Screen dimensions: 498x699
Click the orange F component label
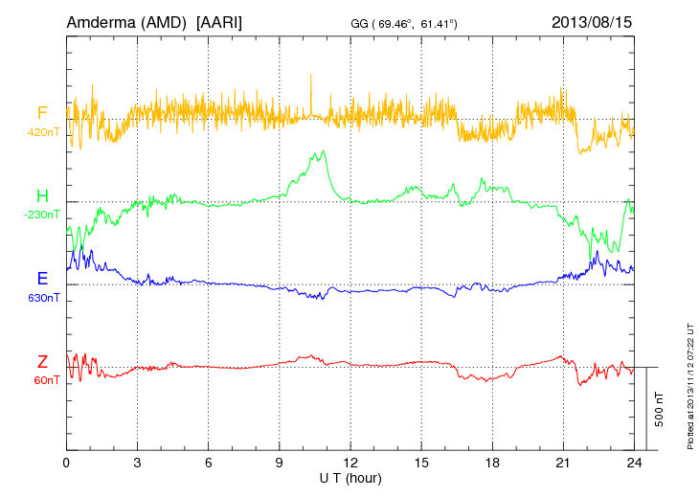(x=42, y=113)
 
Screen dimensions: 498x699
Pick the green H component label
(x=42, y=196)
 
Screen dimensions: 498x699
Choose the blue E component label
(x=42, y=279)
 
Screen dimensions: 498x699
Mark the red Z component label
(x=42, y=361)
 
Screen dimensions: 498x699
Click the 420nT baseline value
(x=45, y=132)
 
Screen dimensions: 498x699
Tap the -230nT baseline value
(x=44, y=215)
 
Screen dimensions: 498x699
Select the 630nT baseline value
(x=45, y=298)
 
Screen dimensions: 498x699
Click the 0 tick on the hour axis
(x=66, y=463)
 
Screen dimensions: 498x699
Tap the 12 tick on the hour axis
(x=350, y=463)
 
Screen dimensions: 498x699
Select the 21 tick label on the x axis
(x=563, y=463)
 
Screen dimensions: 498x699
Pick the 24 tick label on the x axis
(x=634, y=463)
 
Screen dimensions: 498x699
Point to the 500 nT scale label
(x=660, y=408)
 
